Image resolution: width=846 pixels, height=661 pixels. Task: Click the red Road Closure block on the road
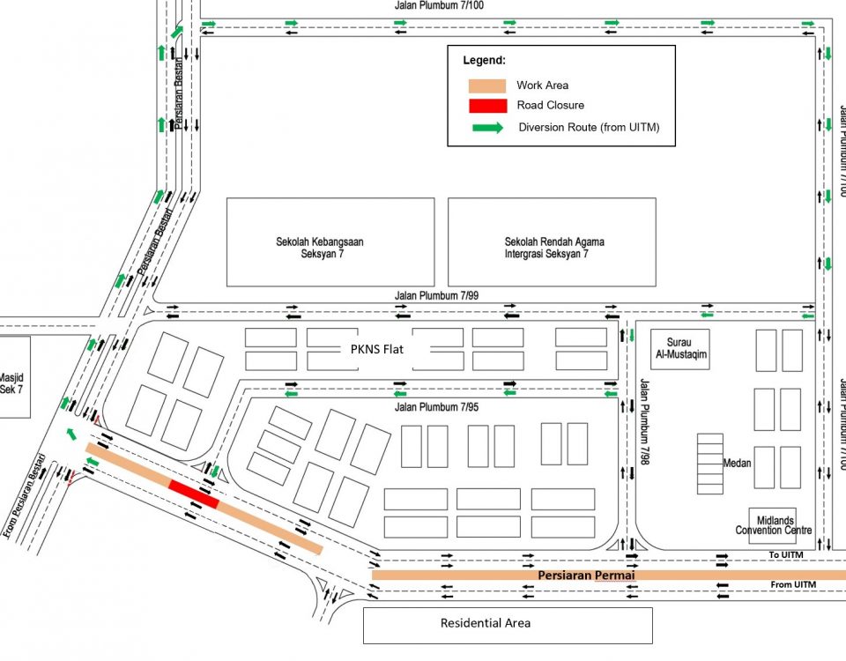click(194, 494)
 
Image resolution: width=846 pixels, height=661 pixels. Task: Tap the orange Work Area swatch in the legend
click(486, 85)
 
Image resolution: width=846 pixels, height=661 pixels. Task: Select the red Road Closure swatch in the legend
click(486, 106)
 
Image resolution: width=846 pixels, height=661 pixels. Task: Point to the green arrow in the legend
click(487, 127)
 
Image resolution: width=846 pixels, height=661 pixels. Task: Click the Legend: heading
click(485, 61)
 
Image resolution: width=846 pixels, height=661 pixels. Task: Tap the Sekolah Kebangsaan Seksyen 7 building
click(330, 241)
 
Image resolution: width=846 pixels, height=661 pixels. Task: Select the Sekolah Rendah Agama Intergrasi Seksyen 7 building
click(552, 241)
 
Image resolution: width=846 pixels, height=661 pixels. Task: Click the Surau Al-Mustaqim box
click(679, 349)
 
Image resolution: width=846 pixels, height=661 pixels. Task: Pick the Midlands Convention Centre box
click(772, 524)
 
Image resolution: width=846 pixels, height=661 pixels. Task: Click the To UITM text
click(787, 554)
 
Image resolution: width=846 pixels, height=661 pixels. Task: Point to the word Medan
click(737, 462)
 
